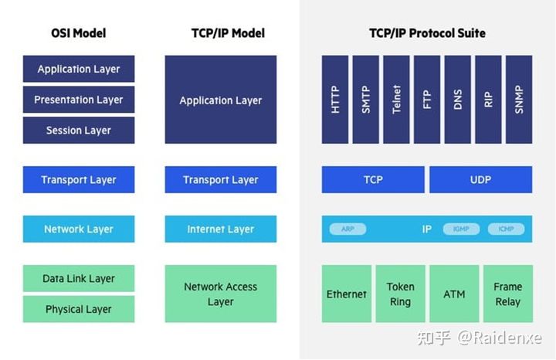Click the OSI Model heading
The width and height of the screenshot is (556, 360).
coord(78,33)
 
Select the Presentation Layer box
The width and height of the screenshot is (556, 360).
coord(78,100)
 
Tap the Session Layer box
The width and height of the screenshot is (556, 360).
coord(78,131)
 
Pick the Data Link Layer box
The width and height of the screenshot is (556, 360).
coord(78,279)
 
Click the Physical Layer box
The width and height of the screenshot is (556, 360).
coord(78,309)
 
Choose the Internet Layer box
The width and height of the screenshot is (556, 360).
coord(220,229)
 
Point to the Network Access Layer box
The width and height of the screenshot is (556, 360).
coord(220,294)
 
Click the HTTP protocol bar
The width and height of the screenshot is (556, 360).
coord(335,99)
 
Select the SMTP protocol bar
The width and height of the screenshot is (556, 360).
coord(366,99)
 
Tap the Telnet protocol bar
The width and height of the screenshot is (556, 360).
coord(397,99)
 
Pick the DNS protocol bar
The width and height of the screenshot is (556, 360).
coord(458,99)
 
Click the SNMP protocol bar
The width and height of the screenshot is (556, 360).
coord(519,99)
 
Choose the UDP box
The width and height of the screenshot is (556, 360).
coord(480,179)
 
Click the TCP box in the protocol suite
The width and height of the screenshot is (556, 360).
coord(372,179)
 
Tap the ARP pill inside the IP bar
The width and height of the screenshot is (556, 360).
coord(347,229)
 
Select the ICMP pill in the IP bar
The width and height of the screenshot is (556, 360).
coord(506,229)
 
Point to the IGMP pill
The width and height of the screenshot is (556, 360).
coord(461,229)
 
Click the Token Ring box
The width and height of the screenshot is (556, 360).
coord(400,294)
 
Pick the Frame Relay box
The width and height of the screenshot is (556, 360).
coord(507,294)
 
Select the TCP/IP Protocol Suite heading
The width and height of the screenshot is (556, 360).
coord(427,33)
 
